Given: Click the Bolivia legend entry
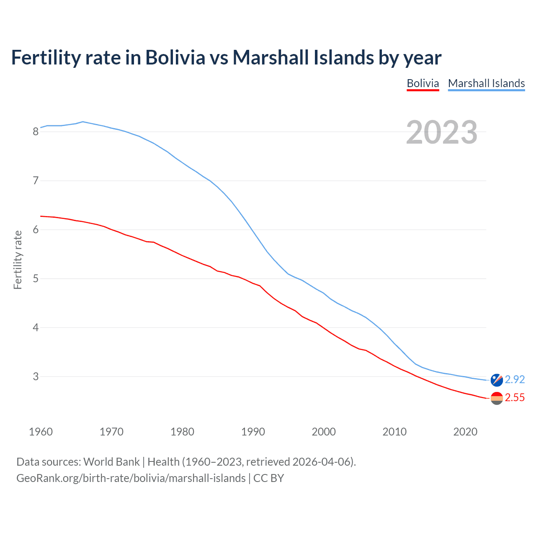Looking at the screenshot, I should pos(423,83).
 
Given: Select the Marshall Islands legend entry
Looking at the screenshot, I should pos(486,83).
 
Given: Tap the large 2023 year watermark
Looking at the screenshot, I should pos(442,132).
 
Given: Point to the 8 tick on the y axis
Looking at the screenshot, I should pos(36,132).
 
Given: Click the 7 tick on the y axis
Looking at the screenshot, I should pos(36,181).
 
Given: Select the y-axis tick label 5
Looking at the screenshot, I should pos(36,279).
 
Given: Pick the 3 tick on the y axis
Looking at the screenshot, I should pos(36,377).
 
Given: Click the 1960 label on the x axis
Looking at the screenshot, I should pos(41,432).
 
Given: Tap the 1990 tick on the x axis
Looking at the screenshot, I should pos(253,432).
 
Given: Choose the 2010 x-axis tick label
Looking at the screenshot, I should pos(394,432).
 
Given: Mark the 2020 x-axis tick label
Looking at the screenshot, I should pos(465,432).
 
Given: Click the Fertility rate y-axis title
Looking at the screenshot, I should pos(18,260).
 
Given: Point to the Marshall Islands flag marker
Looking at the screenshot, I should pos(497,380).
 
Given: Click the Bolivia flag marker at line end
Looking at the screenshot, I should pos(497,398).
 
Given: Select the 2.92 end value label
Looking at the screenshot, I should pos(515,379).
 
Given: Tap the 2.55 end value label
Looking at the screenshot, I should pos(515,398).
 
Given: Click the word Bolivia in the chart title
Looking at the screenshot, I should pos(175,57).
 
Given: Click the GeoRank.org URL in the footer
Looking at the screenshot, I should pos(131,478).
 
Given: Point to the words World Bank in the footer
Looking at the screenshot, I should pos(111,462).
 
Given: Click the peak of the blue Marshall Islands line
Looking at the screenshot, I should pos(82,122).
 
